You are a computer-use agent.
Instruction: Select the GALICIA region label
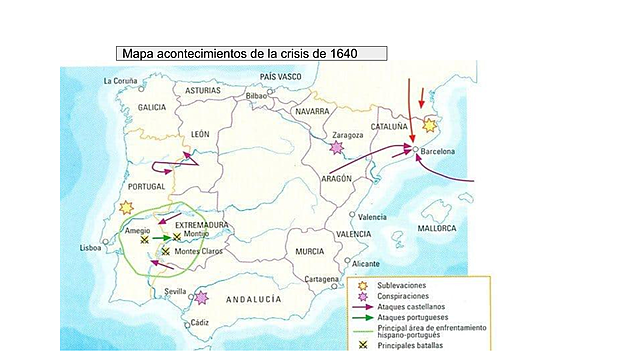(x=152, y=107)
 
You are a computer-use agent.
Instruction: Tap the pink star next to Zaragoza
(x=337, y=148)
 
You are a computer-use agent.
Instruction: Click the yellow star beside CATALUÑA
(x=431, y=126)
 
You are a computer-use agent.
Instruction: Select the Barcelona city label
(x=438, y=151)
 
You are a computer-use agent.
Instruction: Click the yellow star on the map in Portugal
(x=125, y=207)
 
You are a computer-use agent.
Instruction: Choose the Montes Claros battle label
(x=198, y=251)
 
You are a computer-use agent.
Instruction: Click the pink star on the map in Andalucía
(x=203, y=297)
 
